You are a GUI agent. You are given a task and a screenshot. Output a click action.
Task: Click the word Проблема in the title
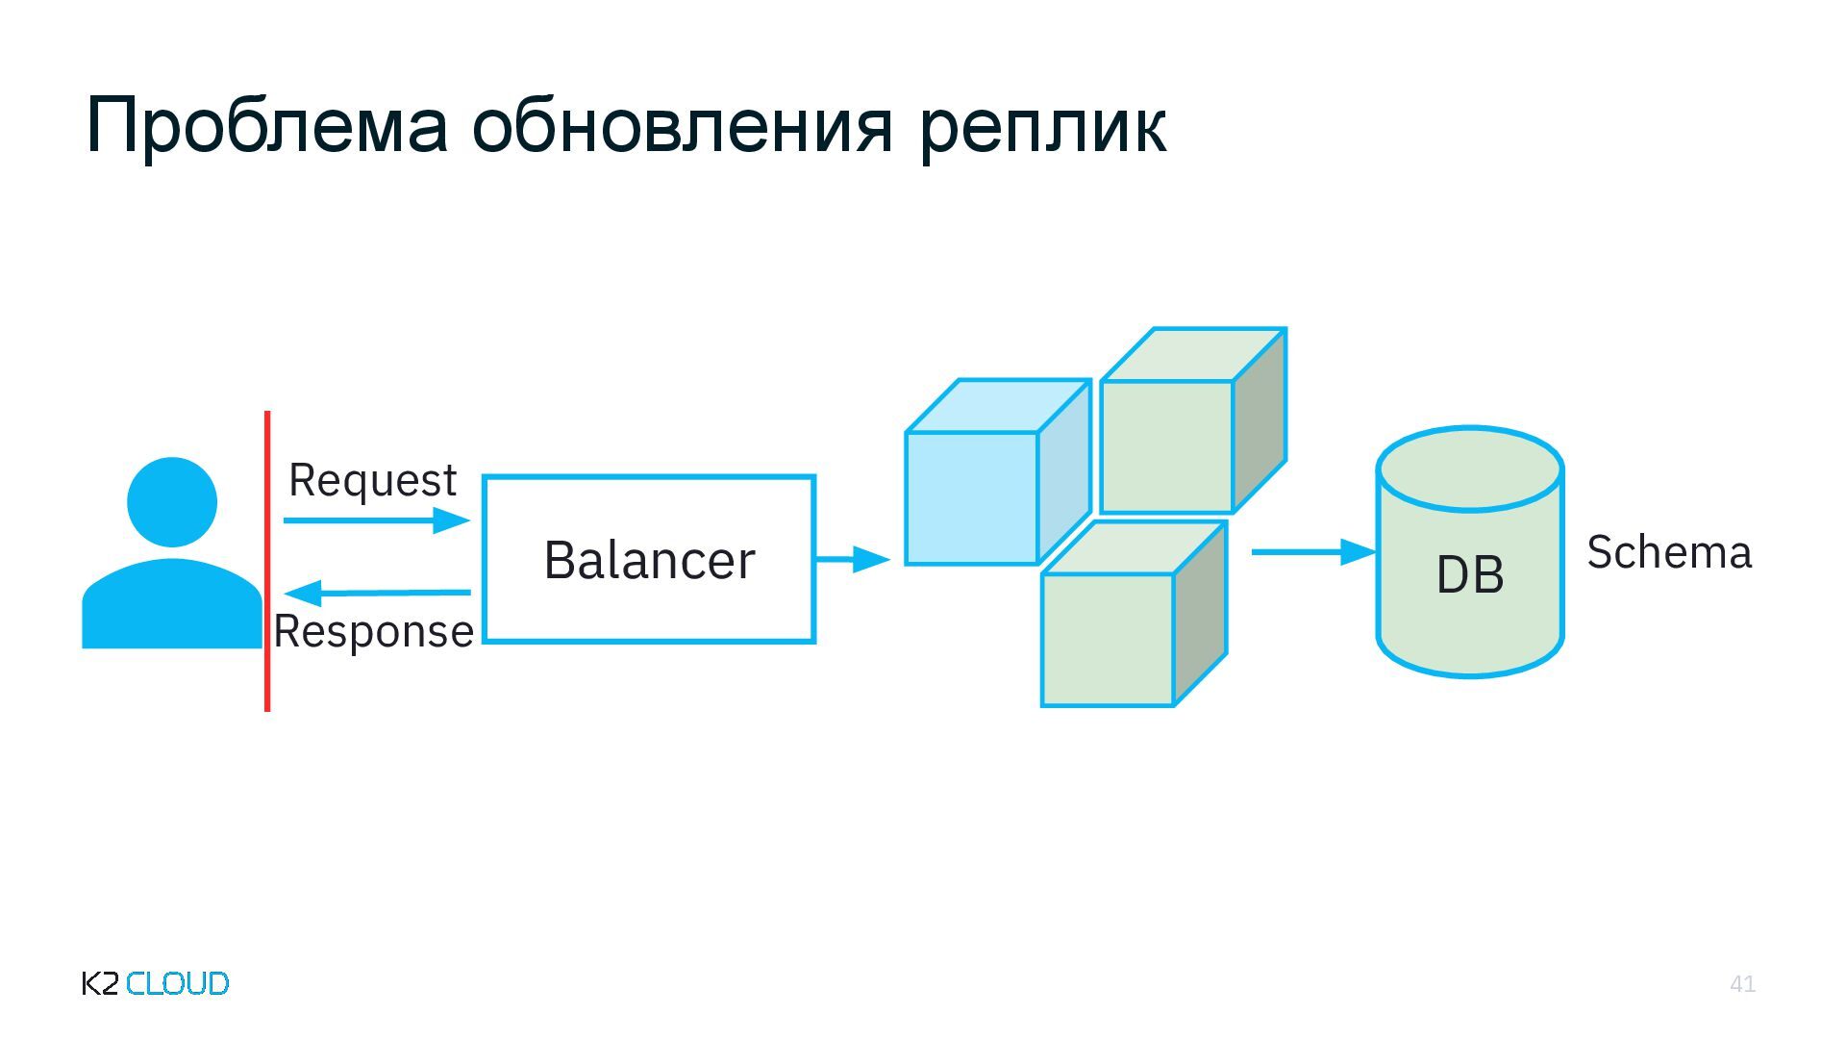point(266,126)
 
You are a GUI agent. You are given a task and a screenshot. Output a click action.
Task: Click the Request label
point(372,480)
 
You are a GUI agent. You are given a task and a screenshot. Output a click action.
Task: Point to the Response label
point(373,632)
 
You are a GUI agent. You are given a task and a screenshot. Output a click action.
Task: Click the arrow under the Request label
point(376,520)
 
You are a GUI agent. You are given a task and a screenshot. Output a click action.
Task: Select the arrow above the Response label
point(378,592)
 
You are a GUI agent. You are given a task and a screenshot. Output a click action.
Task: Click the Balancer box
point(649,559)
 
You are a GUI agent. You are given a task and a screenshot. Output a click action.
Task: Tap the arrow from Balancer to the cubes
point(852,558)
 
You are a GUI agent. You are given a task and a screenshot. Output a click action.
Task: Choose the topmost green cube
point(1167,445)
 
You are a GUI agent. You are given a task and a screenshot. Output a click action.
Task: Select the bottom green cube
point(1109,639)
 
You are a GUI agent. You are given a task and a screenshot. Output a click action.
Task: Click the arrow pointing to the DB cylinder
point(1313,552)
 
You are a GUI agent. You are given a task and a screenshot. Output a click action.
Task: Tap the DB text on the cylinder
point(1469,575)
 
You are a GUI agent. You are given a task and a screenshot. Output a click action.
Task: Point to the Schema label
point(1669,552)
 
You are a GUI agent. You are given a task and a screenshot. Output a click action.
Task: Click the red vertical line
point(267,561)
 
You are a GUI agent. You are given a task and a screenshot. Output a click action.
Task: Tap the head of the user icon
point(172,501)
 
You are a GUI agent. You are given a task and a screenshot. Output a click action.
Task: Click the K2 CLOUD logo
point(156,983)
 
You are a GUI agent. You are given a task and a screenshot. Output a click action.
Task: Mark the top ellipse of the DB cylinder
point(1469,469)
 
